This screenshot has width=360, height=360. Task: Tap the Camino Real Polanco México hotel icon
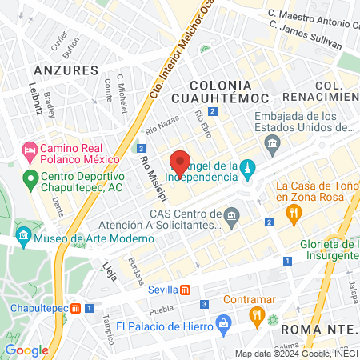(30, 150)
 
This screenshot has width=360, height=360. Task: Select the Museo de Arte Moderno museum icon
(23, 236)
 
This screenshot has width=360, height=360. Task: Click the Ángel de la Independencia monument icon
(248, 167)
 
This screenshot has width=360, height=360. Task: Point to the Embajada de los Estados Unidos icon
(271, 145)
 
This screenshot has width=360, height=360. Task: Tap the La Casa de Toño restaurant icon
(294, 212)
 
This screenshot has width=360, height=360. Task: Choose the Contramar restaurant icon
(256, 314)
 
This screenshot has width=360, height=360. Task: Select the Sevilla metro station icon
(185, 290)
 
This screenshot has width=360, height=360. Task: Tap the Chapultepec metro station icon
(76, 307)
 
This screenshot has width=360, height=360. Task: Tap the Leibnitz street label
(35, 96)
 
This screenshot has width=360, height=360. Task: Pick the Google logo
(26, 350)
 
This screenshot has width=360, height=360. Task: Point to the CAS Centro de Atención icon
(232, 214)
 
